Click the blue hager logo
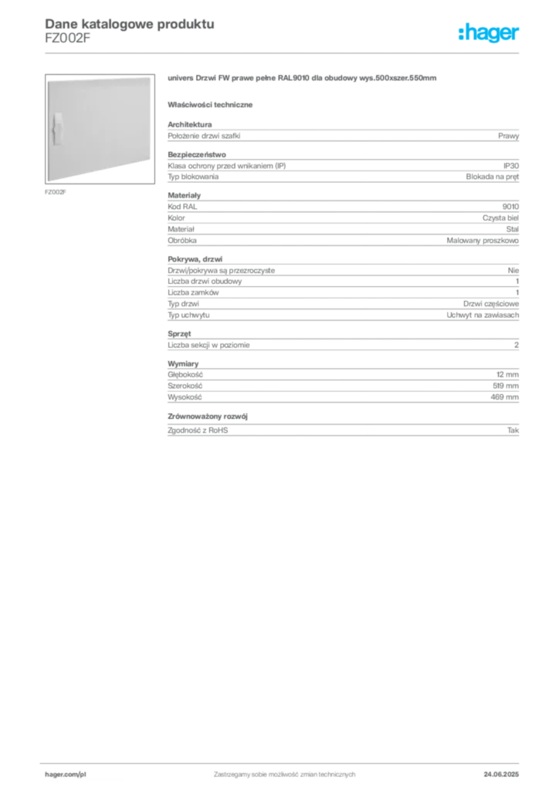490,34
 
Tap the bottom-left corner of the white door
47,182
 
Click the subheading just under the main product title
213,103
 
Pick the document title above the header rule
128,23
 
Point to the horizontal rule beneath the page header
284,52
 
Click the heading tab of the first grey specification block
189,123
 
